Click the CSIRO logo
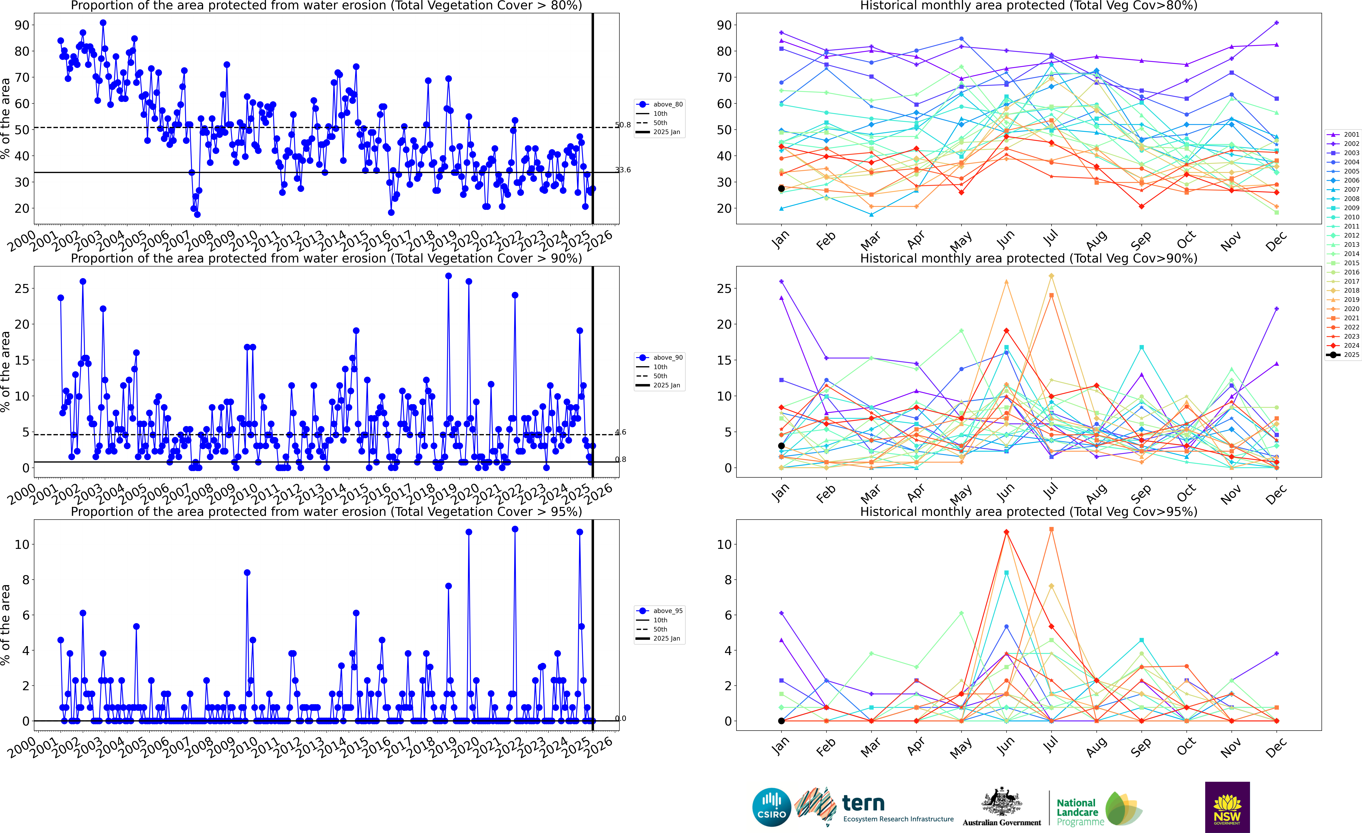772,807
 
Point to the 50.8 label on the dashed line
623,125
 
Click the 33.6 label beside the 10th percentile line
623,170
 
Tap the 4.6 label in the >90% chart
621,432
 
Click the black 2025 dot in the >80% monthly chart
781,188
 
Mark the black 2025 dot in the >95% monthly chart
781,721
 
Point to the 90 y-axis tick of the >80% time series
22,25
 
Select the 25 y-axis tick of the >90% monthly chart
724,288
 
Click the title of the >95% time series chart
326,511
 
